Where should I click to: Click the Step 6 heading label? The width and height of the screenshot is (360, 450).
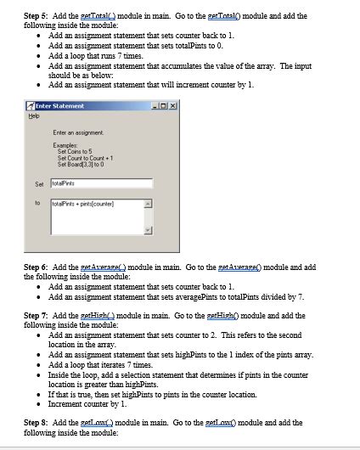(x=37, y=267)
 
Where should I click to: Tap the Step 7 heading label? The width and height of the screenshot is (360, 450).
(x=37, y=315)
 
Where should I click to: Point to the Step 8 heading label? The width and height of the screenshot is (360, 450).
(x=37, y=421)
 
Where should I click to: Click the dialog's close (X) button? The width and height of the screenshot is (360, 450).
(x=173, y=105)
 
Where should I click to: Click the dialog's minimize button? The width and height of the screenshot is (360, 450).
(x=155, y=105)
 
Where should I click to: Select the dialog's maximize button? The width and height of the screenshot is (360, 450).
(x=164, y=105)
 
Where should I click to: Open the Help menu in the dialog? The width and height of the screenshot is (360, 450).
(x=31, y=115)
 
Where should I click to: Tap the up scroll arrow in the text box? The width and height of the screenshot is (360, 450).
(x=148, y=205)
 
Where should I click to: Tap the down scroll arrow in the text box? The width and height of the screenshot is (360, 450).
(x=148, y=230)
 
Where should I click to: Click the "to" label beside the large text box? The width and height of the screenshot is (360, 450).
(x=37, y=203)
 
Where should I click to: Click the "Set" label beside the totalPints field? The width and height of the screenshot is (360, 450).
(x=38, y=182)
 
